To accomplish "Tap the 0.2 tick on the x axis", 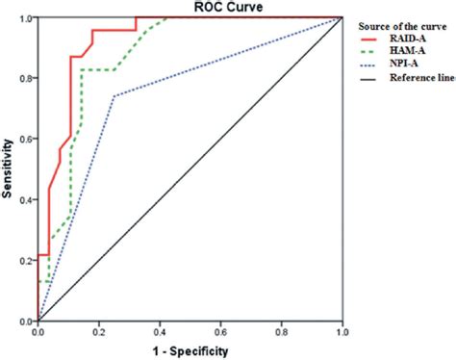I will coord(98,330).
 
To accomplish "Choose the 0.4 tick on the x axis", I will coord(160,330).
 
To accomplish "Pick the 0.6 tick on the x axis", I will coord(220,330).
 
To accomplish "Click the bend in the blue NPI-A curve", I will coord(114,96).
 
